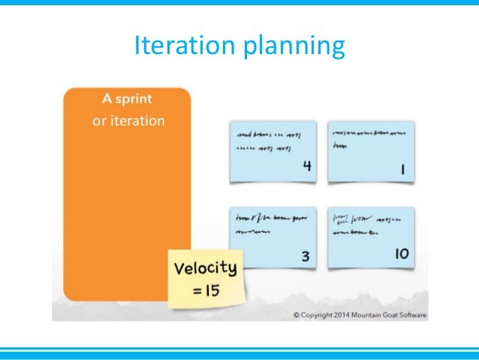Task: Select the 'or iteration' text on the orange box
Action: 128,119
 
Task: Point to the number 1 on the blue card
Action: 403,170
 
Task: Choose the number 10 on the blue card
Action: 402,255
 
